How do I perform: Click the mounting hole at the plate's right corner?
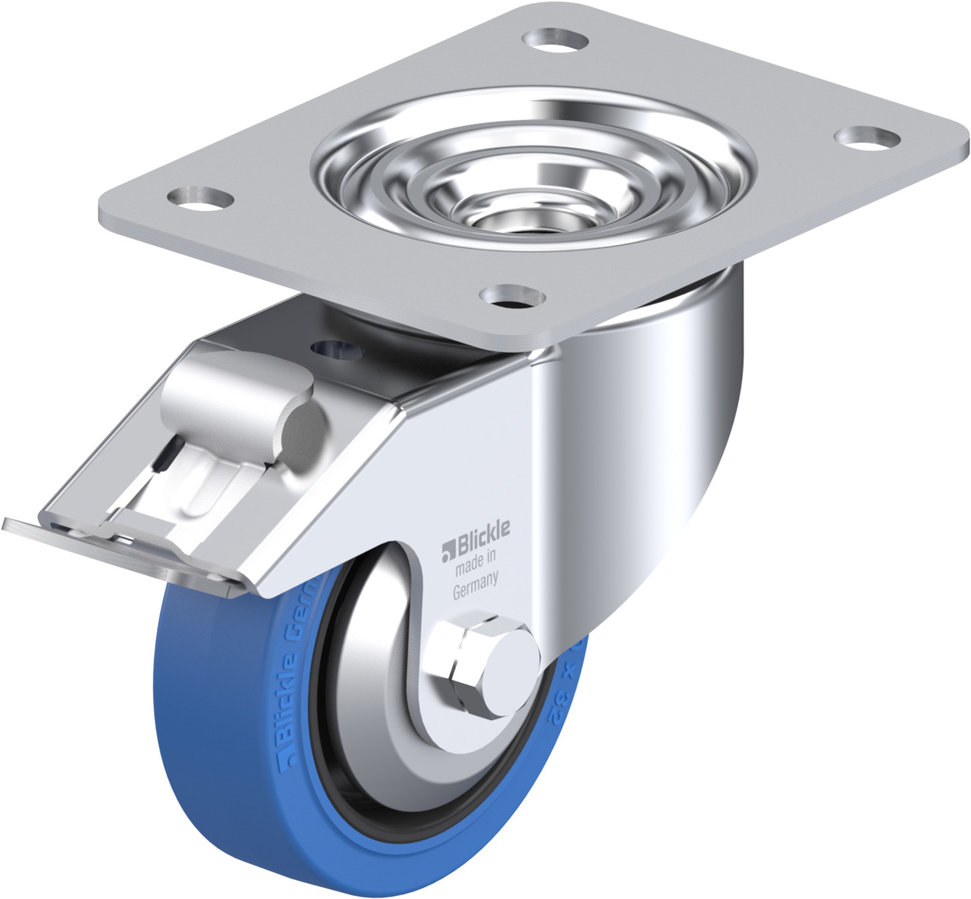tap(867, 137)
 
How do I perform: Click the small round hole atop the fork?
tap(334, 349)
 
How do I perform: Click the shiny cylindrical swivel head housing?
tap(652, 425)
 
